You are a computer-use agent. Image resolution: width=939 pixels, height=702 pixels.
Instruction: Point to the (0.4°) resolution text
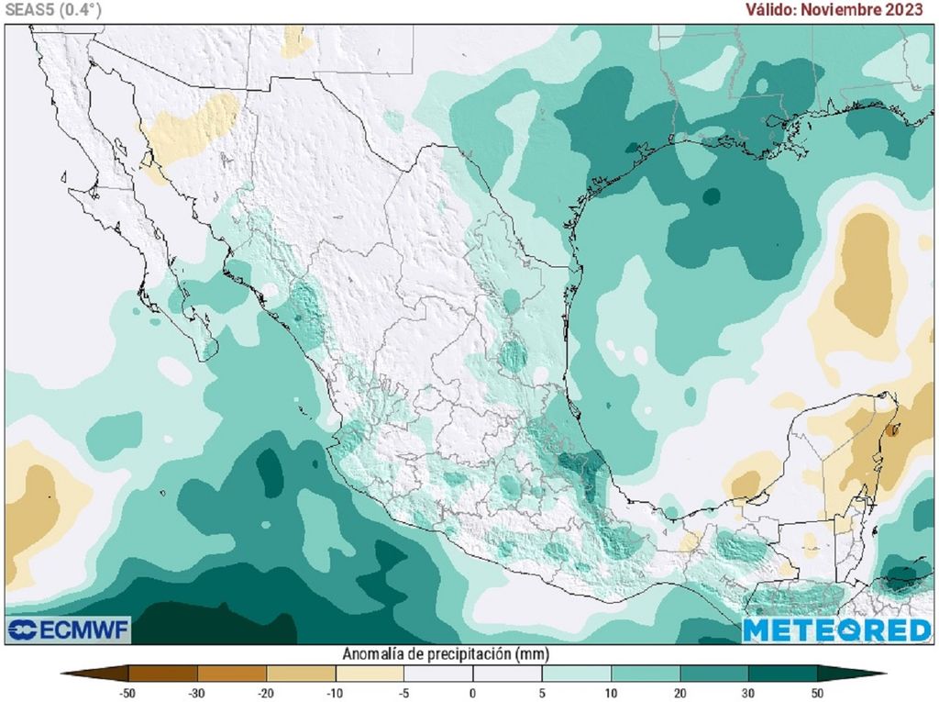80,10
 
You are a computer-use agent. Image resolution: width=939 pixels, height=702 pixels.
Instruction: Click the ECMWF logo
69,630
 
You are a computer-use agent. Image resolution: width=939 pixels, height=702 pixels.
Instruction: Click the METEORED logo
836,630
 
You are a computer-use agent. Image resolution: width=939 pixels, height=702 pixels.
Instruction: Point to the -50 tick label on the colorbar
127,693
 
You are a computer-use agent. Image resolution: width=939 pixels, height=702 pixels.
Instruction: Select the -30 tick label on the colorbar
196,693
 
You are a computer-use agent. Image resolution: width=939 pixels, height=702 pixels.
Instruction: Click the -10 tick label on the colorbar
335,693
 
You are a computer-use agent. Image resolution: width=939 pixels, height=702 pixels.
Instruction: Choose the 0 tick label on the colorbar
473,693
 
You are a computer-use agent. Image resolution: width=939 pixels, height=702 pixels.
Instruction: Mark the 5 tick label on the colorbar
542,693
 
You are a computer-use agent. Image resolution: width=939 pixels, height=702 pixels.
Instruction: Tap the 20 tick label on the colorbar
680,693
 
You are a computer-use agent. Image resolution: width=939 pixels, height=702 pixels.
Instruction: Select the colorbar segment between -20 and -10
300,674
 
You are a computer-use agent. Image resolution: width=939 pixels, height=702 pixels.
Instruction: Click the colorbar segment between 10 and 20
646,674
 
